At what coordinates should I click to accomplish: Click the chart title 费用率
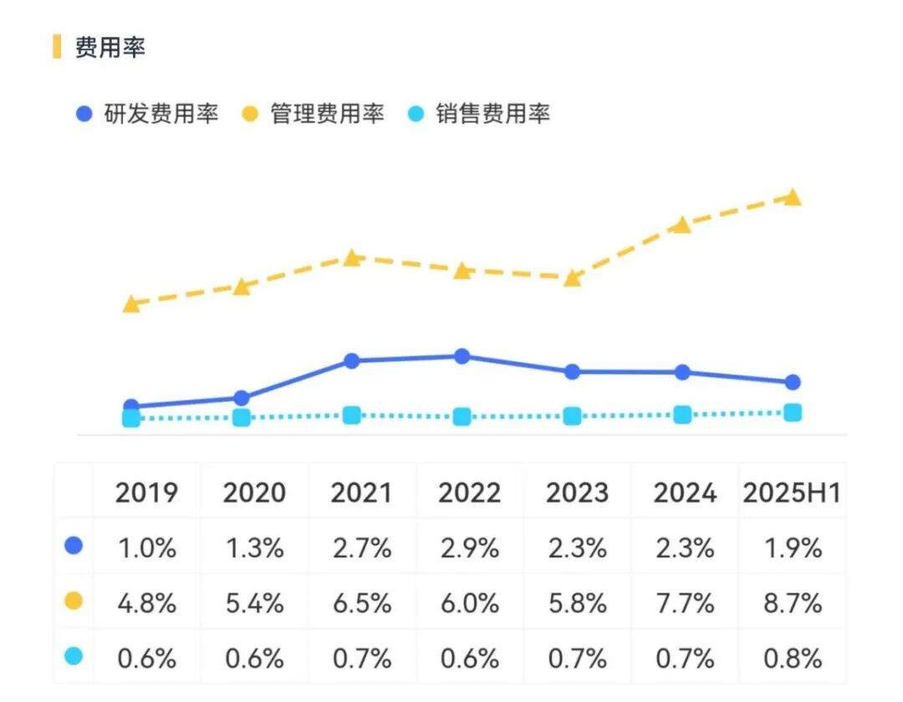[110, 48]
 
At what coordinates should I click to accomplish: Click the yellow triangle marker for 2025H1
[793, 197]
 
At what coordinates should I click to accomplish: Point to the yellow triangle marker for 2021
[352, 258]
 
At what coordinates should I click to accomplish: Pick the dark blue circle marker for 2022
[462, 356]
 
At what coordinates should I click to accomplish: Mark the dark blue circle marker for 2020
[242, 397]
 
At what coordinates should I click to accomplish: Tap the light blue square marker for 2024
[682, 414]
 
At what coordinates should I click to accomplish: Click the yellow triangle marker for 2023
[572, 278]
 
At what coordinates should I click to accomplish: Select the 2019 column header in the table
[146, 493]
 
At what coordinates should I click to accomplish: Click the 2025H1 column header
[791, 493]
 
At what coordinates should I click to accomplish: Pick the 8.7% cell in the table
[792, 602]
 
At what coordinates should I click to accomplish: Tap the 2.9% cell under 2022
[469, 548]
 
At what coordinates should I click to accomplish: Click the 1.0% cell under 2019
[146, 548]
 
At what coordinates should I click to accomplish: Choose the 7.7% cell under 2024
[685, 602]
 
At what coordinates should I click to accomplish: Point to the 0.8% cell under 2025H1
[792, 658]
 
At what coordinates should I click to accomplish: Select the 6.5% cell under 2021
[361, 602]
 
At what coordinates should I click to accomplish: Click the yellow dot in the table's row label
[74, 602]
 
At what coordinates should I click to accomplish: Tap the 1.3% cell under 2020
[253, 548]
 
